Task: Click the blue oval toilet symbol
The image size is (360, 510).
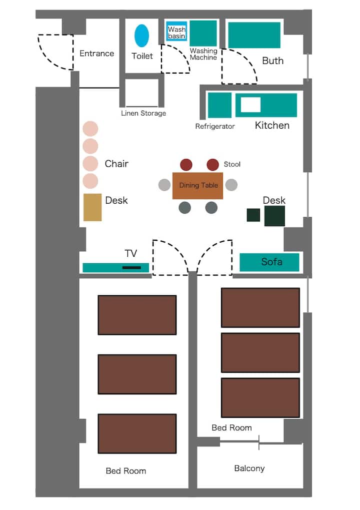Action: (x=141, y=36)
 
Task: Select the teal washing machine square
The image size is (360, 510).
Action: (x=203, y=33)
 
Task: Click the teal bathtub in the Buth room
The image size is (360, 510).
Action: (x=254, y=35)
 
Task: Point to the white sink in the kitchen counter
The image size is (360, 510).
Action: (x=250, y=105)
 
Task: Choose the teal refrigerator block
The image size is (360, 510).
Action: (x=219, y=105)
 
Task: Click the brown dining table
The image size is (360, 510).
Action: (x=197, y=186)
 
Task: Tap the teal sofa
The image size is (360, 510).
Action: (x=269, y=262)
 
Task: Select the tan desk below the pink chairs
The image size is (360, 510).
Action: (x=92, y=208)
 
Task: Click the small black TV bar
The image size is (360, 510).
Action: (x=131, y=268)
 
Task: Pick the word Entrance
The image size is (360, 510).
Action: (x=97, y=54)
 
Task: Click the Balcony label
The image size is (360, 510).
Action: (x=249, y=468)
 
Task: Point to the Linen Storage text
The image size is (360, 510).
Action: (x=143, y=113)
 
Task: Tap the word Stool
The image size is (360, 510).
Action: (x=232, y=164)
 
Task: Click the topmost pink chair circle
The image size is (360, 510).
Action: (x=90, y=129)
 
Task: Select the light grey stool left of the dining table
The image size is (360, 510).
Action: (x=164, y=185)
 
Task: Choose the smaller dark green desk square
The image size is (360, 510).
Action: (x=253, y=215)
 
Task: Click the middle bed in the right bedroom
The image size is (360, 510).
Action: (x=260, y=352)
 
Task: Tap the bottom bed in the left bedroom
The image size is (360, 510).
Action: (x=137, y=433)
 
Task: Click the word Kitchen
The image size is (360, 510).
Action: (x=272, y=126)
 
